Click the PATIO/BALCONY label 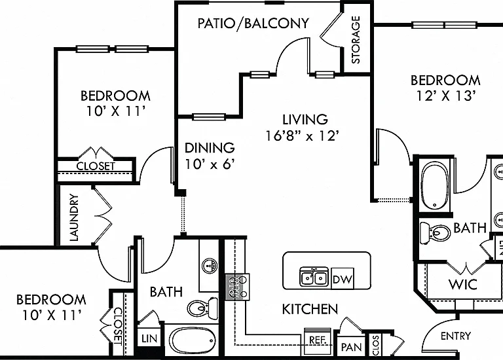tap(253, 23)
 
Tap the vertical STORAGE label tap(356, 40)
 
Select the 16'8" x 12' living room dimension tap(302, 135)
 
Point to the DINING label tap(210, 148)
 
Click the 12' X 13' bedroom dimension tap(445, 96)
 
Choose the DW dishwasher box tap(343, 279)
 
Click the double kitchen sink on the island tap(314, 277)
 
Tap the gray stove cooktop tap(237, 287)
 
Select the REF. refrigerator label tap(318, 340)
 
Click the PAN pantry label tap(351, 347)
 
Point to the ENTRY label tap(456, 336)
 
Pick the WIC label tap(463, 284)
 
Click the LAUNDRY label tap(74, 217)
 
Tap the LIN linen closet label tap(149, 339)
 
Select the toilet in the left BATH tap(202, 308)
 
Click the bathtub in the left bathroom tap(192, 342)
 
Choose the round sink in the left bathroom tap(210, 266)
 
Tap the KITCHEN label tap(310, 310)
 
